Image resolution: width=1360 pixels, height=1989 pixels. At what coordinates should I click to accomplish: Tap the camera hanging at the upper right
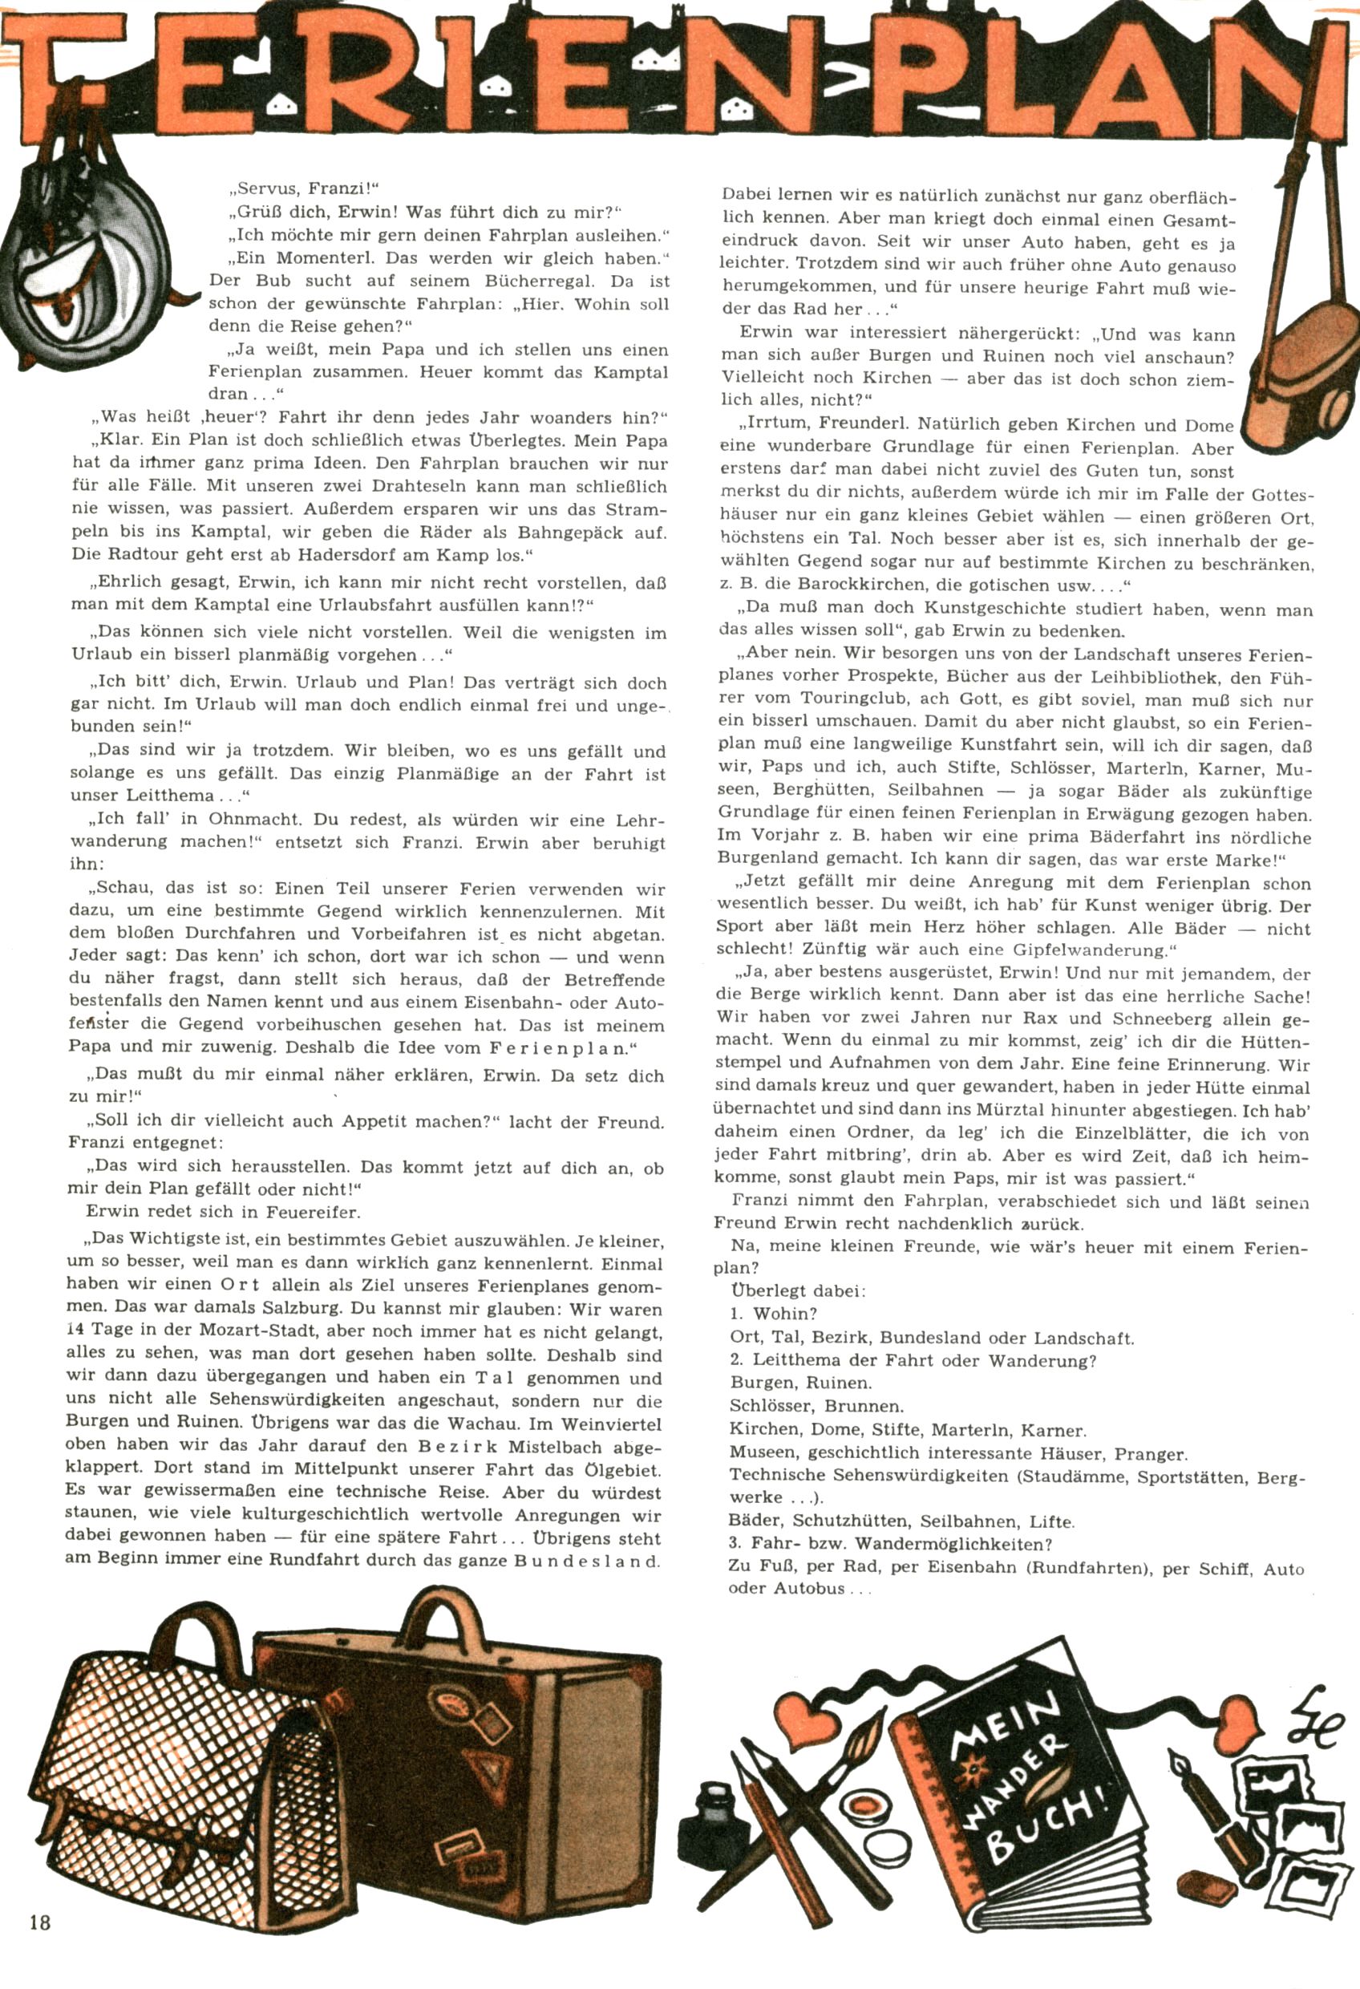[x=1301, y=377]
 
